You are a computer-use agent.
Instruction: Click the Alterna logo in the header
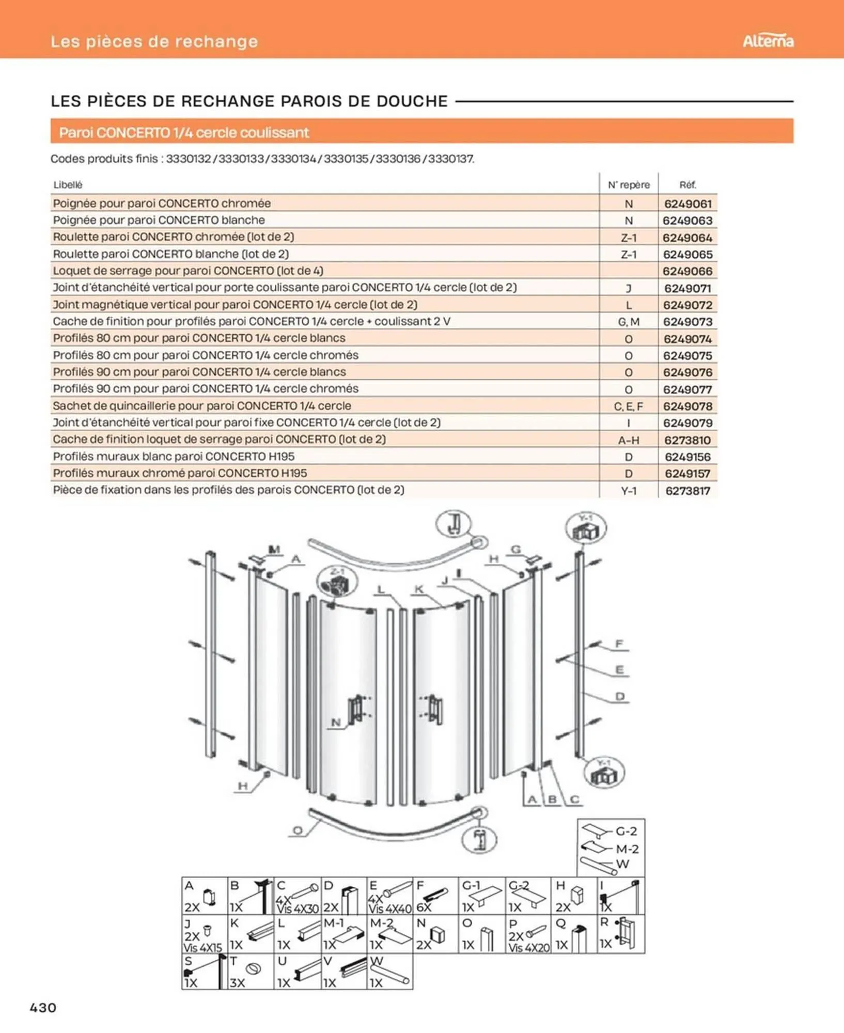pos(768,41)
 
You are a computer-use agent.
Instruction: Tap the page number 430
pos(43,1007)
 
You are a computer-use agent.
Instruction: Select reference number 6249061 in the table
pos(687,204)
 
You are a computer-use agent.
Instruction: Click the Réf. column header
pos(687,185)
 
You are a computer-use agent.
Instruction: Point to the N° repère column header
pos(629,185)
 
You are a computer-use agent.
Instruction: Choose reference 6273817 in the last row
pos(687,491)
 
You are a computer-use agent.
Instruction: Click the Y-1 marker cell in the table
pos(629,491)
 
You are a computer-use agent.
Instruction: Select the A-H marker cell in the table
pos(629,440)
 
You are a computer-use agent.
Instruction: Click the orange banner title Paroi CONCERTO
pos(184,133)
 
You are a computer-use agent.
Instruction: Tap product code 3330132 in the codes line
pos(189,159)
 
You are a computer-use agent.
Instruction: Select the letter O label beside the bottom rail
pos(298,831)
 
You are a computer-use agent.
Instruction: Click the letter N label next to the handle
pos(336,723)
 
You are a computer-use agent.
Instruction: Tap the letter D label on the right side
pos(620,696)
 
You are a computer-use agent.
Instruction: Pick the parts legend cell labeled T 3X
pos(251,972)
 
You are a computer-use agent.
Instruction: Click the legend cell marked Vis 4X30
pos(298,897)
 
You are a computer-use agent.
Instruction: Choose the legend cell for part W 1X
pos(389,972)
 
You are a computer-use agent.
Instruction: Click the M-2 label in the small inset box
pos(627,849)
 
